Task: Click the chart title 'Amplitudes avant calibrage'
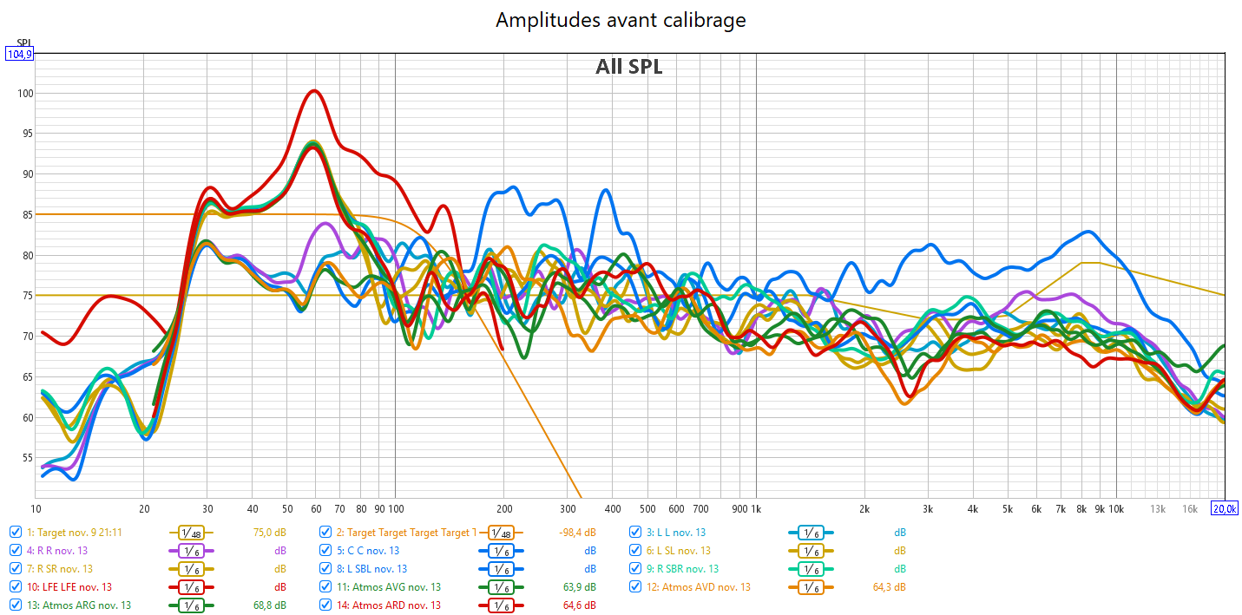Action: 621,20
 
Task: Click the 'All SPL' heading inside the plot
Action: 628,67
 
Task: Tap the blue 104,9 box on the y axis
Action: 19,54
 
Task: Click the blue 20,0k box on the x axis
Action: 1224,508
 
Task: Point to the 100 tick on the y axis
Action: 23,94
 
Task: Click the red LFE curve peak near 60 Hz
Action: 314,91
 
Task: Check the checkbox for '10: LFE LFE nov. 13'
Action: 16,587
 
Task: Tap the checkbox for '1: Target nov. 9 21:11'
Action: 16,532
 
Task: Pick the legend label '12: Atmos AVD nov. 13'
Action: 700,587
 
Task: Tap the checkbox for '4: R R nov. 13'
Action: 16,551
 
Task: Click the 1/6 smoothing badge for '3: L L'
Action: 810,533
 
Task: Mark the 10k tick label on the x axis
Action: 1116,508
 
